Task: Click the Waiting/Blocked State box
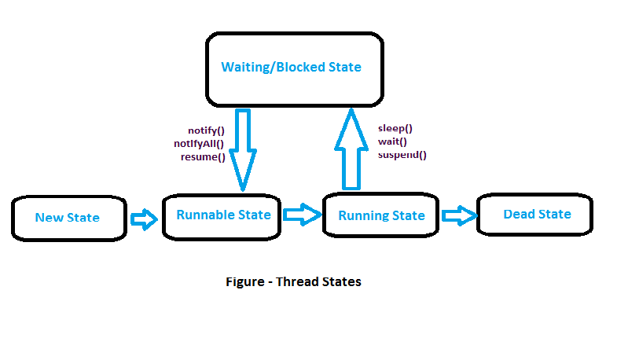[x=295, y=68]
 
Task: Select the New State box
[x=68, y=218]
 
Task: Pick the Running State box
[x=381, y=215]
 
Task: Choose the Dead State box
[x=535, y=215]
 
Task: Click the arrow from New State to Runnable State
[x=144, y=219]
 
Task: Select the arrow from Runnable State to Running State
[x=302, y=213]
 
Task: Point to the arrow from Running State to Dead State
[x=459, y=215]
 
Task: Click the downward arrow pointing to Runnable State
[x=242, y=149]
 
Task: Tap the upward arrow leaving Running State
[x=351, y=149]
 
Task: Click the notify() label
[x=206, y=130]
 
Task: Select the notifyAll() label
[x=199, y=144]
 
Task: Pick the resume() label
[x=203, y=156]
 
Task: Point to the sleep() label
[x=395, y=128]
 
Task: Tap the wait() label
[x=392, y=141]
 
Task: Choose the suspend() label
[x=402, y=155]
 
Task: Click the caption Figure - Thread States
[x=293, y=281]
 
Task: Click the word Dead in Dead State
[x=519, y=215]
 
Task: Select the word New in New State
[x=49, y=218]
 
